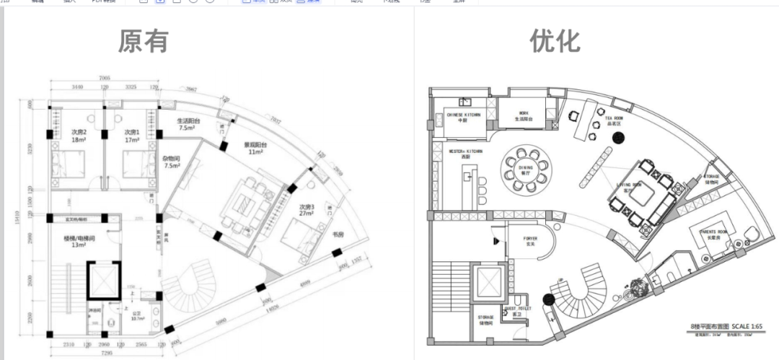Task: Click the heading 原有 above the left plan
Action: click(144, 41)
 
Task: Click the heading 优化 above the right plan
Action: click(555, 40)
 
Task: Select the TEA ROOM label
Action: click(614, 120)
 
